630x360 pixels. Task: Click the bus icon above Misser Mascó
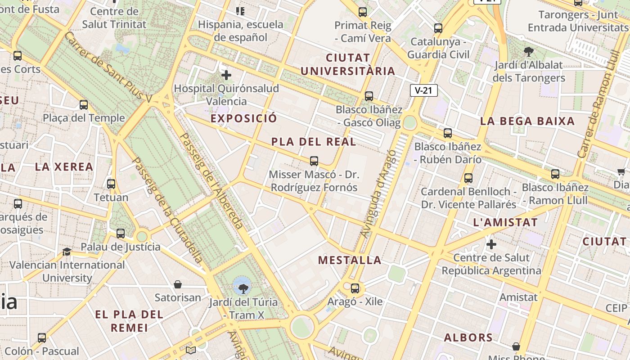click(x=314, y=161)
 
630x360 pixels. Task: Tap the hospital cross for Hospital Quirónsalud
click(x=226, y=75)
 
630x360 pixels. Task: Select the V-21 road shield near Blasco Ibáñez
click(x=424, y=90)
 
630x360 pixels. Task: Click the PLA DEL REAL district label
click(x=314, y=142)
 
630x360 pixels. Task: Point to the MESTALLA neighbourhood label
click(x=350, y=260)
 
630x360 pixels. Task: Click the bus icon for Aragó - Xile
click(x=355, y=288)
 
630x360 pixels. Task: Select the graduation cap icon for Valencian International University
click(x=67, y=252)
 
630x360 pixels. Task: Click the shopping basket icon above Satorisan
click(x=178, y=284)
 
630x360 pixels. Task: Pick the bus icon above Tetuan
click(x=111, y=184)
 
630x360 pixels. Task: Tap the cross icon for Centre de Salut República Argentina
click(x=491, y=244)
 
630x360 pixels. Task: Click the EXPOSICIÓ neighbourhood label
click(x=244, y=118)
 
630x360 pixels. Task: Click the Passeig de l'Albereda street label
click(x=211, y=181)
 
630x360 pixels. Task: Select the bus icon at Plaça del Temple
click(x=84, y=105)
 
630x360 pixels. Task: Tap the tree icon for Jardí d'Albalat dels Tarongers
click(x=528, y=52)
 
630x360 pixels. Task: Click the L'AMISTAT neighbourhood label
click(x=505, y=222)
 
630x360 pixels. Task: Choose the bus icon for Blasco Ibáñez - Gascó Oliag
click(x=369, y=96)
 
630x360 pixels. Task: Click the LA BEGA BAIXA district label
click(x=527, y=121)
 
